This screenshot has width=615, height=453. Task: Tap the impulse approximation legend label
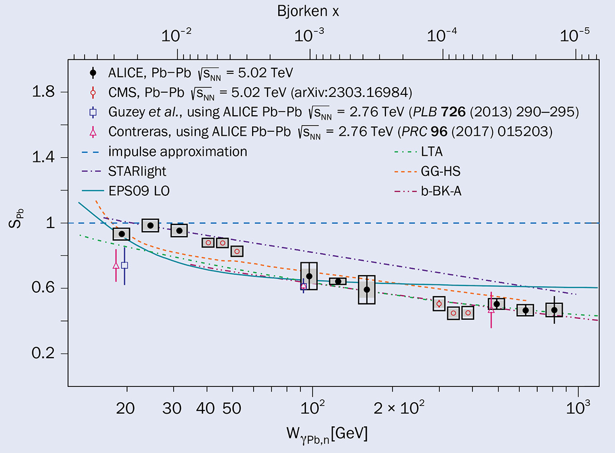tap(178, 152)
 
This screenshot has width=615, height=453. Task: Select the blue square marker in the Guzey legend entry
tap(93, 112)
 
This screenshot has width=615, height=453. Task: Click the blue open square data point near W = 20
tap(125, 265)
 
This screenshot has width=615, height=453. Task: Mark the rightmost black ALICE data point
tap(554, 310)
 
